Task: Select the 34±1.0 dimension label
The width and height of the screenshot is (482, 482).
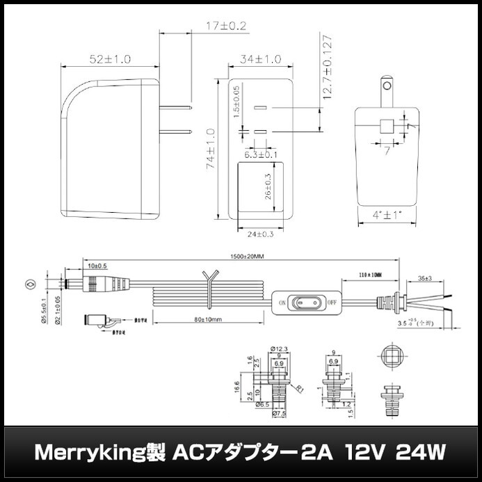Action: [260, 60]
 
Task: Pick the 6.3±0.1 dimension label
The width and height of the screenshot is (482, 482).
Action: [261, 154]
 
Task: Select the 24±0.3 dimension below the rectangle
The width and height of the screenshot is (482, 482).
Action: [261, 234]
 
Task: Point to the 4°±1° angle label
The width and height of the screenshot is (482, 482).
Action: [387, 216]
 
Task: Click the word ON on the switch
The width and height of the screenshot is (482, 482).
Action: [283, 303]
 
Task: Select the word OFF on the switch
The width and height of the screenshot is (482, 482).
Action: [332, 303]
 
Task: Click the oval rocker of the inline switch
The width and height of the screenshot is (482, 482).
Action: [307, 303]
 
